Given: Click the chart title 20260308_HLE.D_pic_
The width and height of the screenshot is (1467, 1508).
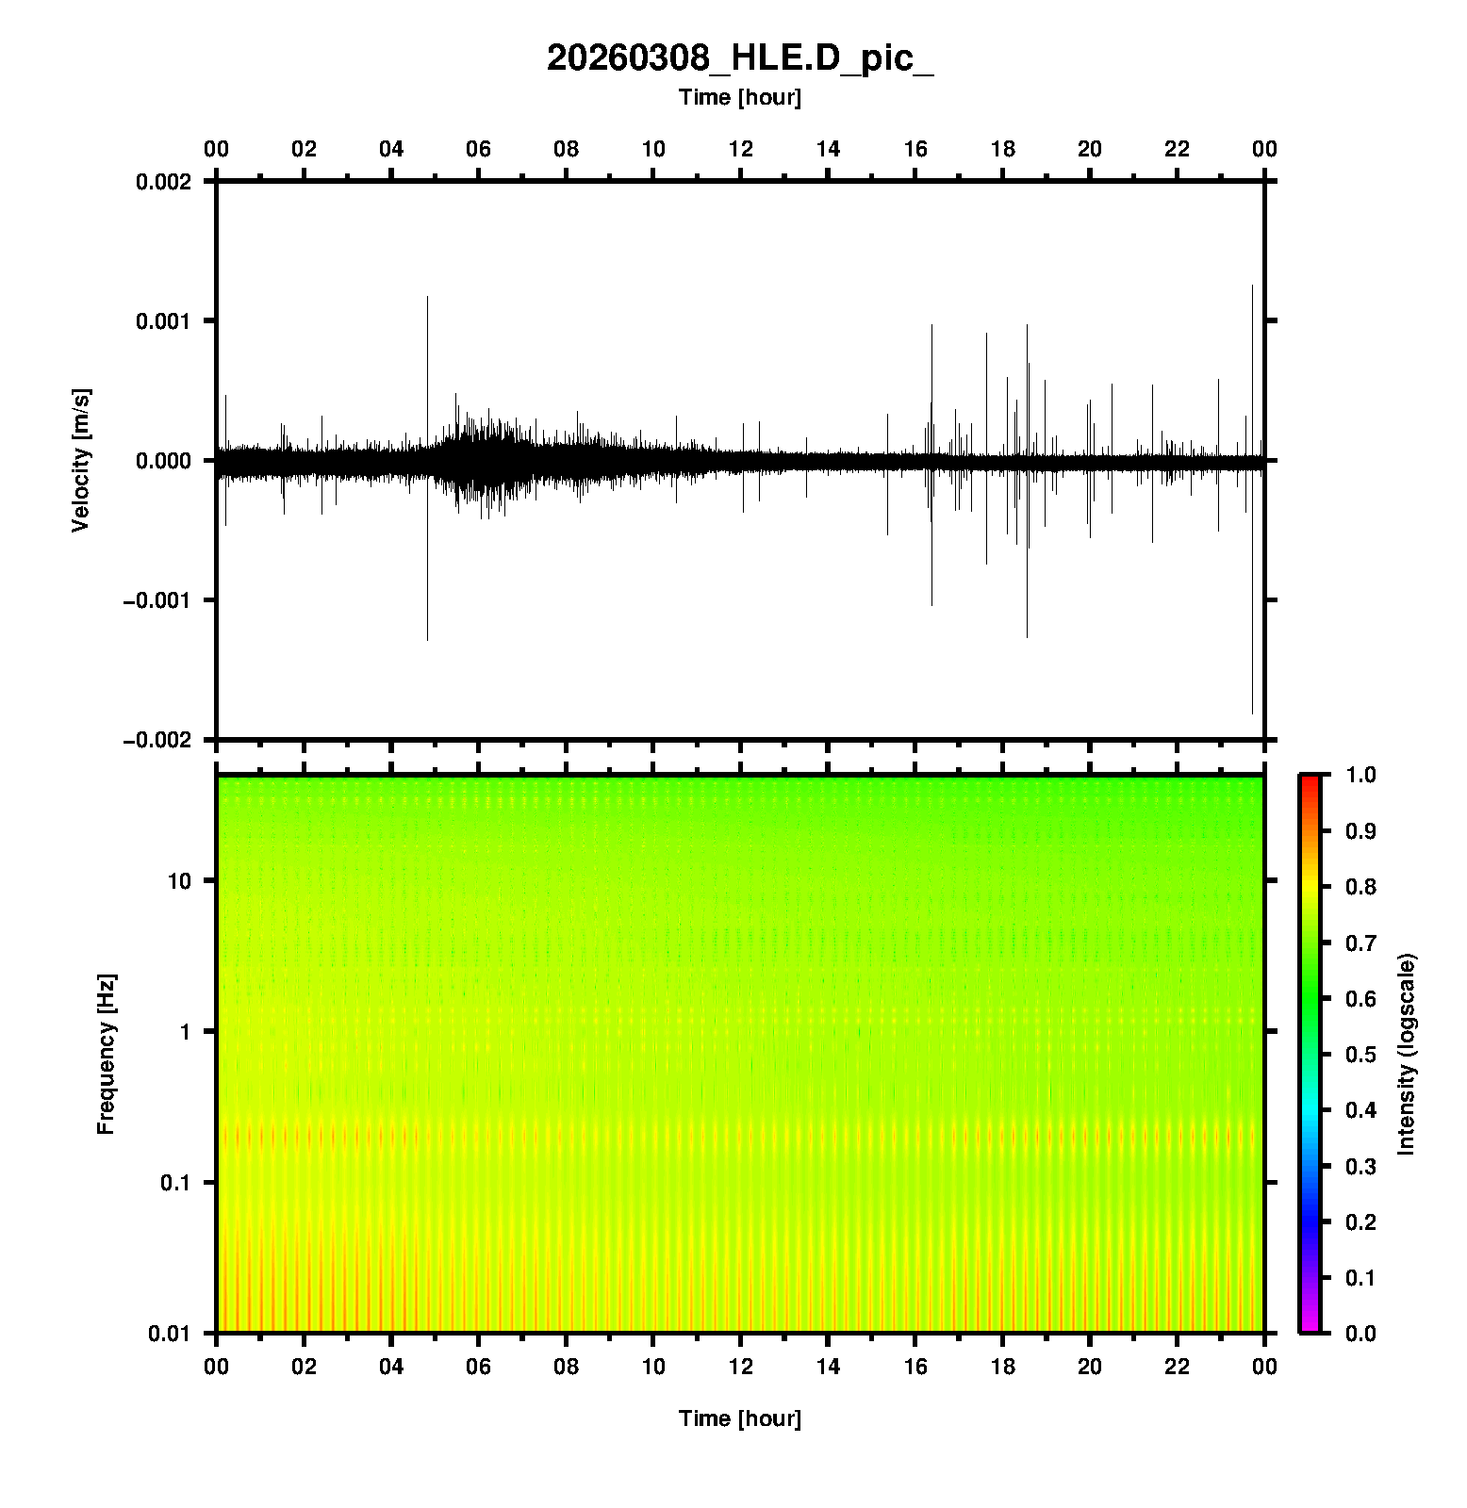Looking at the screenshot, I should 740,58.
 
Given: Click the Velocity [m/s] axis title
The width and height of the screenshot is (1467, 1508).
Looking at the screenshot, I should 81,460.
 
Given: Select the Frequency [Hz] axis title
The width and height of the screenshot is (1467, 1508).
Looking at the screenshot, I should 106,1055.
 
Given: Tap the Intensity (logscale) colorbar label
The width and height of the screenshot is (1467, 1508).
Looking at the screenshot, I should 1407,1054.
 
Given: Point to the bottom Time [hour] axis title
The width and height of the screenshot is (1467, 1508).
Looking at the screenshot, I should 740,1418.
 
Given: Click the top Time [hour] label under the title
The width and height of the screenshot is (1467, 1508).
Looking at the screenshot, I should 740,97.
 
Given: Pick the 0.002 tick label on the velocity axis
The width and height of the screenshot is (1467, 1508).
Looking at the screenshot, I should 163,182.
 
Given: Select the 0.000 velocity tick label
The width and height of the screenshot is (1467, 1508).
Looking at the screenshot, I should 163,461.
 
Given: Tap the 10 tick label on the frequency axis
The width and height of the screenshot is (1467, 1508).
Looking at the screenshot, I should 179,881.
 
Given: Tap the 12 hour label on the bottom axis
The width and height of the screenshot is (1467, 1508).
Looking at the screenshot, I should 741,1366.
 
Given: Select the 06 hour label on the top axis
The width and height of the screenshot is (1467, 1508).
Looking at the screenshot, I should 479,149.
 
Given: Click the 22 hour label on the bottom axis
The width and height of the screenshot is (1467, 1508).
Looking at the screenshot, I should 1178,1366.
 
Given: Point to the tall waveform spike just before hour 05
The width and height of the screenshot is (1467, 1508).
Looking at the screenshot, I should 427,377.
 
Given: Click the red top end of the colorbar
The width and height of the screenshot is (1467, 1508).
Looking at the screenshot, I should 1310,780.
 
